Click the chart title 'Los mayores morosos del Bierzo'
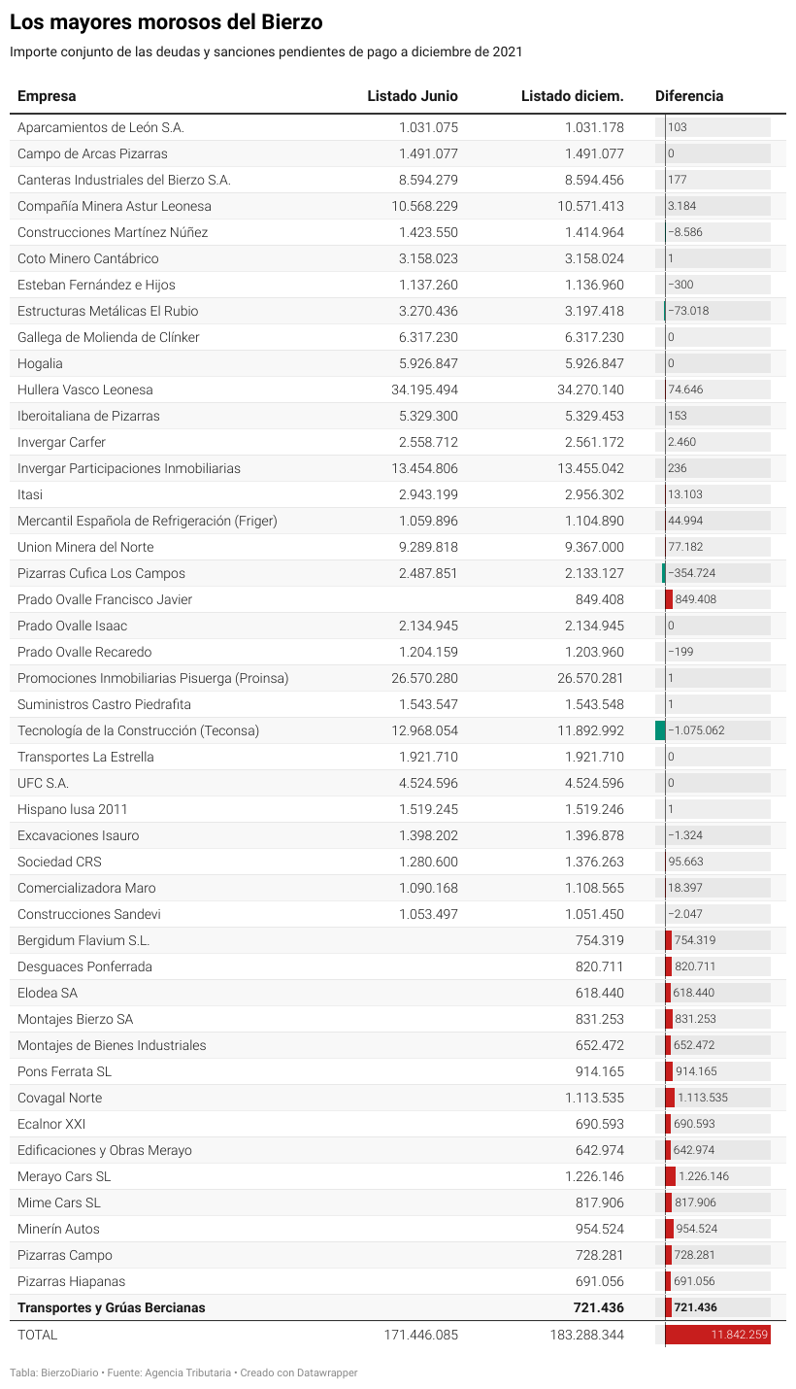[166, 22]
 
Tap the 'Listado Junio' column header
[413, 96]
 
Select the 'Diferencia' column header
[689, 96]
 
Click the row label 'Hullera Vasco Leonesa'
[84, 390]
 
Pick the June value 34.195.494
[424, 390]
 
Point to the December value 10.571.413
[590, 206]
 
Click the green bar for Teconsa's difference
[660, 730]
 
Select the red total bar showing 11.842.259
[718, 1335]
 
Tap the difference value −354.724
[692, 573]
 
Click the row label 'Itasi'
[30, 494]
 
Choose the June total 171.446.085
[421, 1335]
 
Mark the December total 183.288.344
[586, 1335]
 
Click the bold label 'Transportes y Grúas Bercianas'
[111, 1307]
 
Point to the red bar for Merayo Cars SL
[670, 1176]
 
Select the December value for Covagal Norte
[594, 1098]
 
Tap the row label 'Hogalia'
[40, 363]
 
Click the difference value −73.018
[688, 311]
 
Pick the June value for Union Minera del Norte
[428, 547]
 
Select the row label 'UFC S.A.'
[43, 783]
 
